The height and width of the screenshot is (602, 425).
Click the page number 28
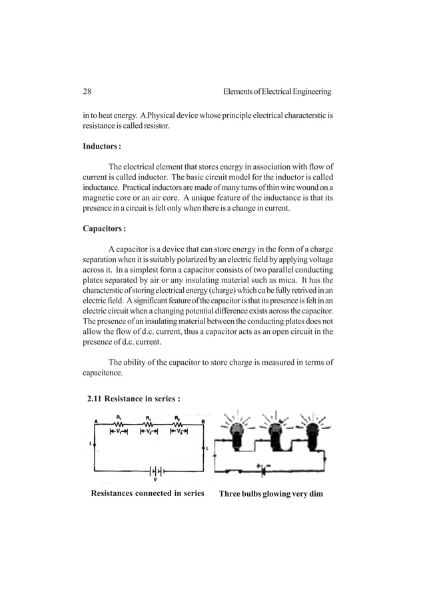pos(87,91)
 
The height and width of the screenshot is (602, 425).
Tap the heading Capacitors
pos(103,229)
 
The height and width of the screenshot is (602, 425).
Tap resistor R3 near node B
pos(178,424)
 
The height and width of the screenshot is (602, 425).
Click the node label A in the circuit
pos(96,421)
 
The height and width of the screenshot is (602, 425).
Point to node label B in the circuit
pos(203,421)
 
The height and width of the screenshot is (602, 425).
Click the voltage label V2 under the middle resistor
pos(149,432)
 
